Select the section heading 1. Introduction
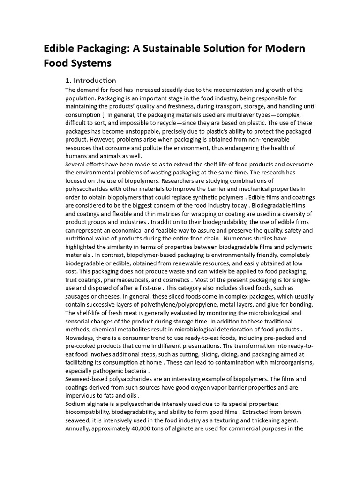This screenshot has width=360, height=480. (90, 80)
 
